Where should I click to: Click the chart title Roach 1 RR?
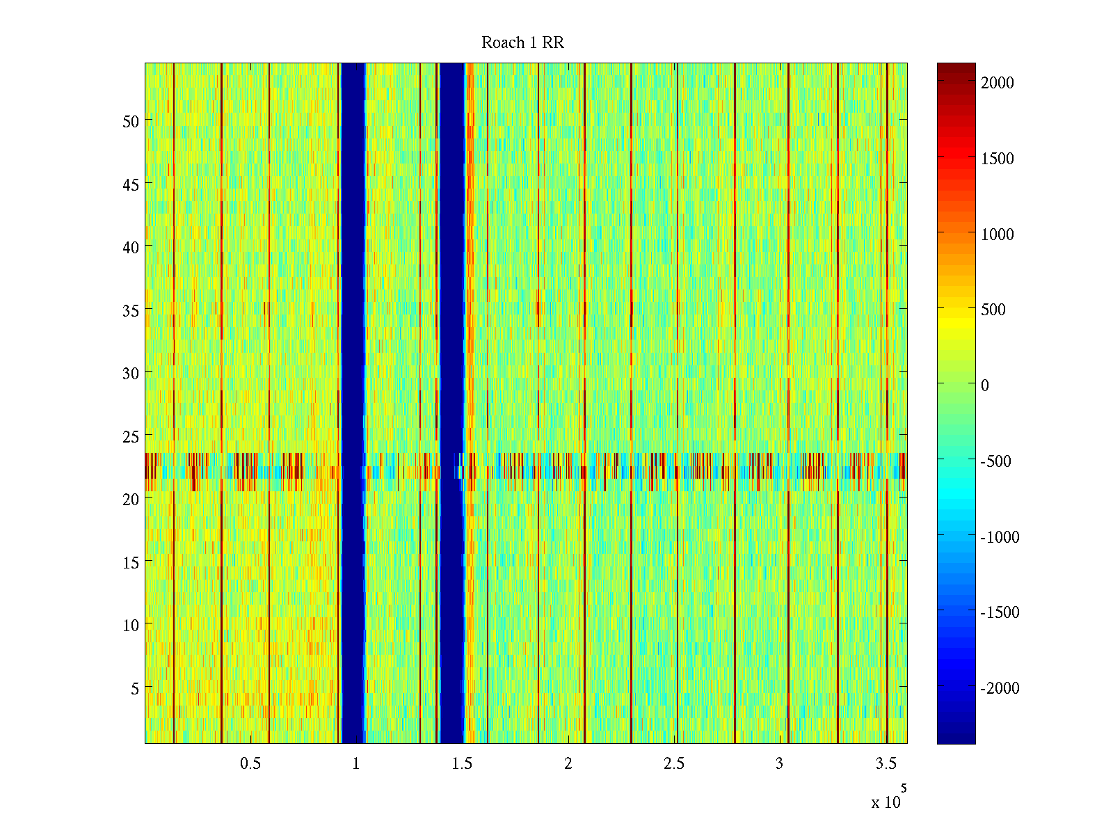[522, 43]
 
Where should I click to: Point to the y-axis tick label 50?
[131, 121]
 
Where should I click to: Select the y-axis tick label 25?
[131, 436]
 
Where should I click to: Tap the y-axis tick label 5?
[135, 688]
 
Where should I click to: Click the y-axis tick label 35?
[131, 310]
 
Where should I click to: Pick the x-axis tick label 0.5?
[250, 764]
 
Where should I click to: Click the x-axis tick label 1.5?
[462, 764]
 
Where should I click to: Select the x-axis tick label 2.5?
[674, 764]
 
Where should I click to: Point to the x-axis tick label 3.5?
[886, 764]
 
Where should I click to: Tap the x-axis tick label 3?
[780, 764]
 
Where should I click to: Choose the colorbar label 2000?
[998, 83]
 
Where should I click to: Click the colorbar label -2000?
[1000, 688]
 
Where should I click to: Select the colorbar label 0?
[985, 385]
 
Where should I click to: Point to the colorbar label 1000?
[998, 234]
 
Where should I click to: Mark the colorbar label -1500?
[1000, 612]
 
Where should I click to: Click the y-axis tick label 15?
[131, 562]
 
